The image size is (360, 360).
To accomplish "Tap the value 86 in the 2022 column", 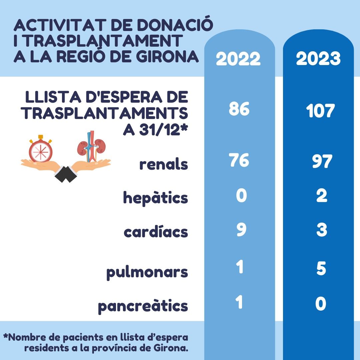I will [x=239, y=109].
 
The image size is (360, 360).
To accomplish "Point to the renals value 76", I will [x=239, y=161].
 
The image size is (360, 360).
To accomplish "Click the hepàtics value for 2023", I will [x=321, y=196].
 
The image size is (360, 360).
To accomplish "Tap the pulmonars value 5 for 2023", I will [x=321, y=269].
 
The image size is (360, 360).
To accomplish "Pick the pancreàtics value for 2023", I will [x=321, y=304].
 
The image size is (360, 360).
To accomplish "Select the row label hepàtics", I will [x=156, y=198].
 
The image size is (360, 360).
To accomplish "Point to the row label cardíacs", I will [x=156, y=232].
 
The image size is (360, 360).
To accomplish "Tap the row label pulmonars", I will [x=147, y=273].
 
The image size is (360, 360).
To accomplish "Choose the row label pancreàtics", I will [x=143, y=306].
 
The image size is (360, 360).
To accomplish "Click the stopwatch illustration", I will [x=40, y=149].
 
